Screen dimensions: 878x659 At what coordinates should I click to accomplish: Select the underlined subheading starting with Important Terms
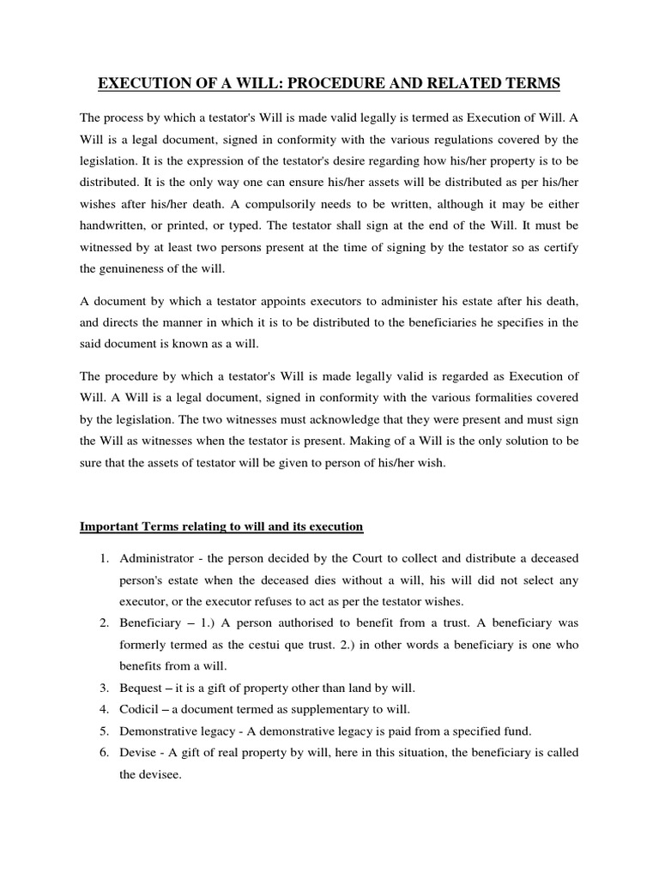tap(221, 526)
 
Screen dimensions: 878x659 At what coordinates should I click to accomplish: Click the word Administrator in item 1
tap(158, 558)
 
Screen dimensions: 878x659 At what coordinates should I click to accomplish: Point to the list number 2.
tap(103, 621)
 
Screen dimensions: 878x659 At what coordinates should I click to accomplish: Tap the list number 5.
tap(103, 731)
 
